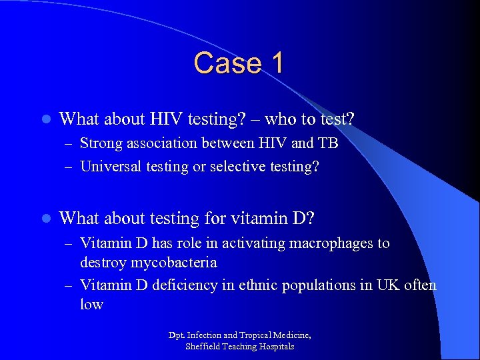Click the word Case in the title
click(221, 63)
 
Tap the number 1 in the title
click(275, 63)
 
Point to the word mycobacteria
click(171, 263)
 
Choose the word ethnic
click(249, 285)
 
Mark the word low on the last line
click(92, 305)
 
